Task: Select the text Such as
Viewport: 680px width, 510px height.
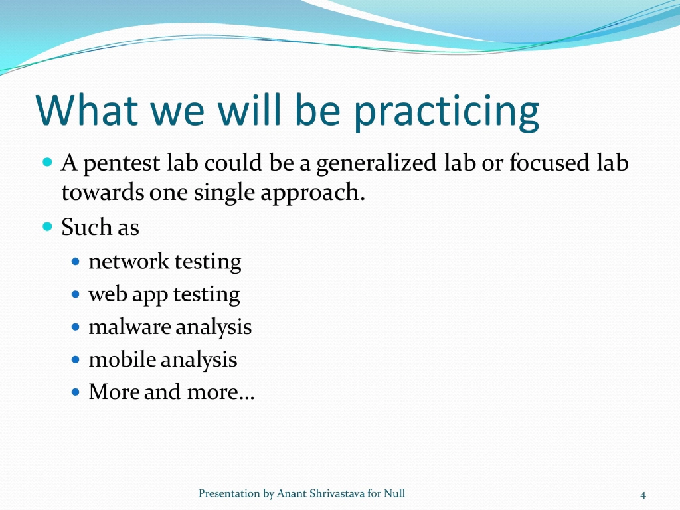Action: tap(100, 228)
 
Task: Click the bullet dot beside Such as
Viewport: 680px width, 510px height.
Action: tap(47, 226)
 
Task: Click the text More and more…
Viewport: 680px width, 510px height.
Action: tap(171, 392)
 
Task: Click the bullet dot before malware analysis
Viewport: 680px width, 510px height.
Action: tap(76, 327)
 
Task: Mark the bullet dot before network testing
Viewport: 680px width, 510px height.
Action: tap(76, 262)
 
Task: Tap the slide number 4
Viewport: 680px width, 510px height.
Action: tap(643, 495)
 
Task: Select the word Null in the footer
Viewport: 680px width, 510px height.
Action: tap(394, 493)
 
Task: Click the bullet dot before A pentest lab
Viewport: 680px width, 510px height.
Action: tap(47, 161)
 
